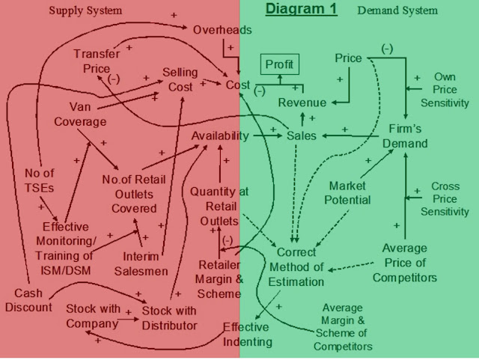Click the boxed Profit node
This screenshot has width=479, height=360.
[x=279, y=65]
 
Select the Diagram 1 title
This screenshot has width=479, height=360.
[x=302, y=9]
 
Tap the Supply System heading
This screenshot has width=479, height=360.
[x=85, y=10]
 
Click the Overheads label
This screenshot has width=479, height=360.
[x=222, y=30]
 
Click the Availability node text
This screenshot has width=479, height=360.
[x=220, y=135]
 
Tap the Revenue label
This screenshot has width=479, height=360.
[x=302, y=103]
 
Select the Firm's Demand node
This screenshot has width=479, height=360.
[x=405, y=136]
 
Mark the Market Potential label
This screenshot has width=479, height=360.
[x=347, y=192]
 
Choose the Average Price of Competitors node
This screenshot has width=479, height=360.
[x=404, y=263]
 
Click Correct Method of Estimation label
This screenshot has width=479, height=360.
[x=296, y=267]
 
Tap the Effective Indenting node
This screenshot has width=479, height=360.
[x=248, y=335]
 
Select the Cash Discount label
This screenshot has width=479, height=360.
[x=28, y=300]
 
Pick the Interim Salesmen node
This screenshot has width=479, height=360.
[x=141, y=264]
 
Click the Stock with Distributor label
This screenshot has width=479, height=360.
[x=169, y=317]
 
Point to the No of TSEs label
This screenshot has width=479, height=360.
[x=39, y=180]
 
